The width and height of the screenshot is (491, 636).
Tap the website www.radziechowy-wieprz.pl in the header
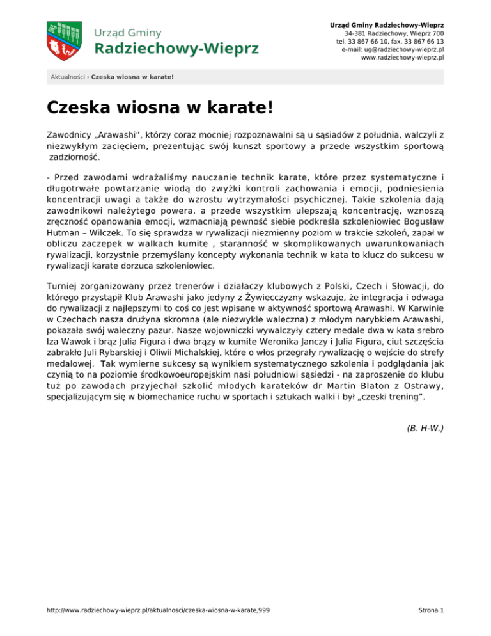click(403, 57)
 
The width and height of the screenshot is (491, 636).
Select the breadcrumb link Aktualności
click(68, 77)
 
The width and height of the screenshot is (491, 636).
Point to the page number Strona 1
click(428, 611)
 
